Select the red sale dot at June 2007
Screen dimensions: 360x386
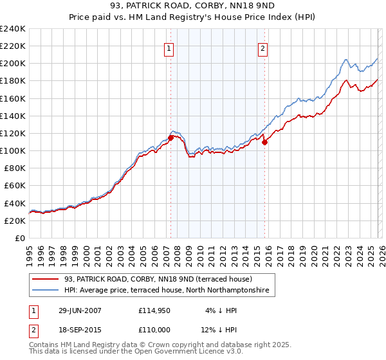(x=171, y=137)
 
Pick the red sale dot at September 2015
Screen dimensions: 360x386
(x=264, y=143)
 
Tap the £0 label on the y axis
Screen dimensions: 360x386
(x=21, y=238)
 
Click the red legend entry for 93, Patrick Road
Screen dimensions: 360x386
(x=161, y=279)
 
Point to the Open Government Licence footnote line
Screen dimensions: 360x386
(x=136, y=352)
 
